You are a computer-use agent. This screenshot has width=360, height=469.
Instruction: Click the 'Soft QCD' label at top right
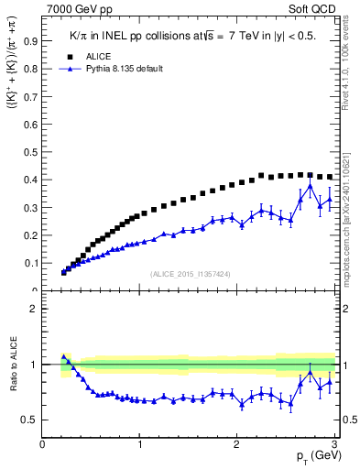click(314, 9)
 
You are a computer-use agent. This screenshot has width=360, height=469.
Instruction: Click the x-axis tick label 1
click(140, 444)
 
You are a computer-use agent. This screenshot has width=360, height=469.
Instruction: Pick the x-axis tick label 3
click(335, 444)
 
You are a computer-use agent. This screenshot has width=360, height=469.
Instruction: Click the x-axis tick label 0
click(43, 444)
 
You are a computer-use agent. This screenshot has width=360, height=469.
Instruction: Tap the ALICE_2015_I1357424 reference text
click(191, 274)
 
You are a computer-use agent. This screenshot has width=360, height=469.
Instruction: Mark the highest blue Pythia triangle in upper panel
click(311, 187)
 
